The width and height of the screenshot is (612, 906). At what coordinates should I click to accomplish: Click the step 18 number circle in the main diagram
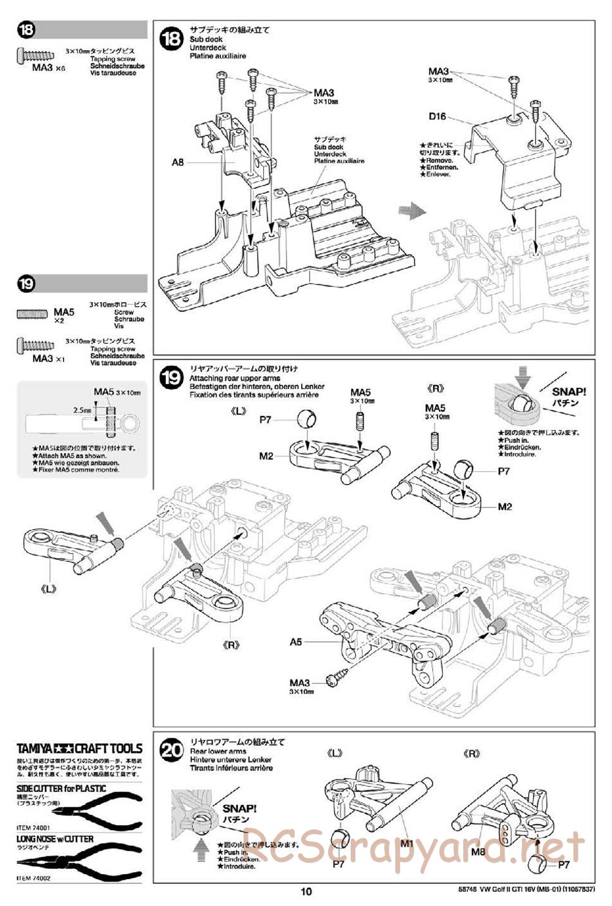(x=171, y=39)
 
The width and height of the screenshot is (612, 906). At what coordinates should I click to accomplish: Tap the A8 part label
(x=177, y=162)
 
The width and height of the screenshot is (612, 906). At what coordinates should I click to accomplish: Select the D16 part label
(x=438, y=116)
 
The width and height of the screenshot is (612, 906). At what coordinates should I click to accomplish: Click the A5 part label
(x=296, y=642)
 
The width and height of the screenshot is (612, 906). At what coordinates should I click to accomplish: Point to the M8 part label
(x=479, y=851)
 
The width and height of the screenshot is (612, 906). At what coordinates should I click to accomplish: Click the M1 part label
(x=407, y=844)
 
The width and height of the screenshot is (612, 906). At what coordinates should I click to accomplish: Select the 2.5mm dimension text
(x=81, y=410)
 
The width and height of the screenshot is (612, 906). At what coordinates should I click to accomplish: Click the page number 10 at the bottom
(x=306, y=891)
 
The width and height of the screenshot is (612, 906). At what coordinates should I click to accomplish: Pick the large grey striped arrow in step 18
(x=411, y=212)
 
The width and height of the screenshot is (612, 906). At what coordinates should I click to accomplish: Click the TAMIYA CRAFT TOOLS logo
(x=80, y=748)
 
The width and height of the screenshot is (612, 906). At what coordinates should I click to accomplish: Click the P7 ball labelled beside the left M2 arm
(x=307, y=421)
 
